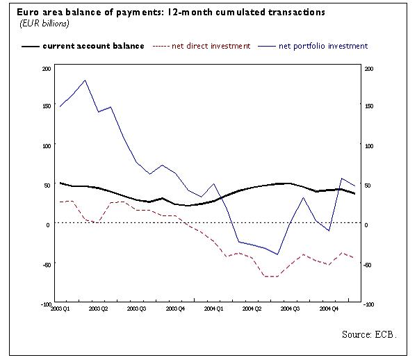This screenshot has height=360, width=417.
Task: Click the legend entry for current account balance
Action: (93, 46)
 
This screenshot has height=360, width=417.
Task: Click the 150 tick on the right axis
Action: (369, 106)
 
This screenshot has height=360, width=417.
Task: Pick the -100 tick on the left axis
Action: (46, 304)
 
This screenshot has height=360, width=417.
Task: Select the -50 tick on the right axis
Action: (369, 265)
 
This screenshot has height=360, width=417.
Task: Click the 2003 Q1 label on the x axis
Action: (60, 309)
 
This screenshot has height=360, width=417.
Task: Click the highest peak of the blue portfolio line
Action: (85, 80)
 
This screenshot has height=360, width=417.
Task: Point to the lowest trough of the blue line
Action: (278, 254)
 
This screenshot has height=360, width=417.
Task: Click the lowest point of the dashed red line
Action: (271, 277)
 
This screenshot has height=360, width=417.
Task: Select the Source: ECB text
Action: (368, 334)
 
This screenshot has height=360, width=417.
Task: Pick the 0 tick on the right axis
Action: (366, 225)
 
